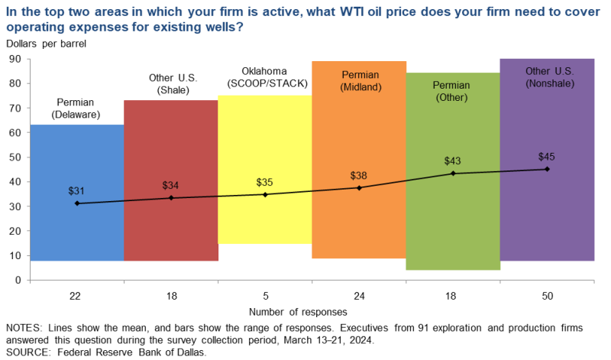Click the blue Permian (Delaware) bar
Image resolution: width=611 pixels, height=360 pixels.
[76, 229]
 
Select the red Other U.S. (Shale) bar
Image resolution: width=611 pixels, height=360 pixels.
[170, 229]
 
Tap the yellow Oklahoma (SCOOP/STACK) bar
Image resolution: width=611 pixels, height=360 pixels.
[264, 222]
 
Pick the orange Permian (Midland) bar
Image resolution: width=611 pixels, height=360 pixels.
[359, 222]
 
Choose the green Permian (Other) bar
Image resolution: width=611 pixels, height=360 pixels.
[453, 229]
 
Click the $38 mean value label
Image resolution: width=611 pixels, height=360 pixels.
[359, 175]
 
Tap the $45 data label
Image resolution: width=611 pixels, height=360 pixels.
[547, 157]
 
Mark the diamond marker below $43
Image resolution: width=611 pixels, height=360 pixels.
[453, 174]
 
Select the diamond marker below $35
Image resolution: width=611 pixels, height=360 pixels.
[265, 194]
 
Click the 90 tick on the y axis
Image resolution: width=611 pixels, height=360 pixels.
[15, 59]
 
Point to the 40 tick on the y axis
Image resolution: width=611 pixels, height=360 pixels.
[15, 182]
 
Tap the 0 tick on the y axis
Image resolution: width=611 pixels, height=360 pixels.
[18, 280]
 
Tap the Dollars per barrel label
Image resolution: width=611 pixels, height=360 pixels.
[47, 44]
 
